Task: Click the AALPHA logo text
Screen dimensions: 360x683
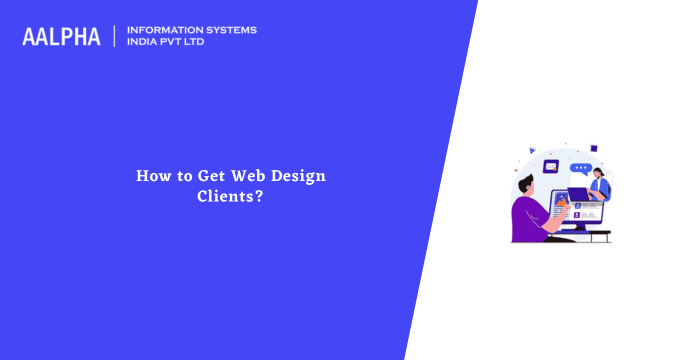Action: pos(61,37)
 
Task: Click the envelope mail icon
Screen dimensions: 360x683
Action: pos(551,166)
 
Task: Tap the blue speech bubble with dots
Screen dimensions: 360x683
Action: pos(581,169)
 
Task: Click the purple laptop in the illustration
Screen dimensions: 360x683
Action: pos(579,194)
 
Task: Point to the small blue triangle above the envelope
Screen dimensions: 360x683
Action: pos(532,151)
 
